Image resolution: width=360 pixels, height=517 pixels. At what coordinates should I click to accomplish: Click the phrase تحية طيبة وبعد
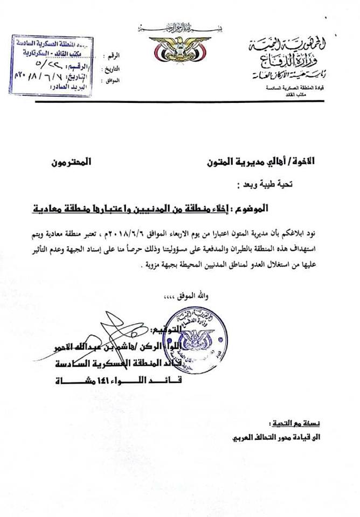tap(261, 183)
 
